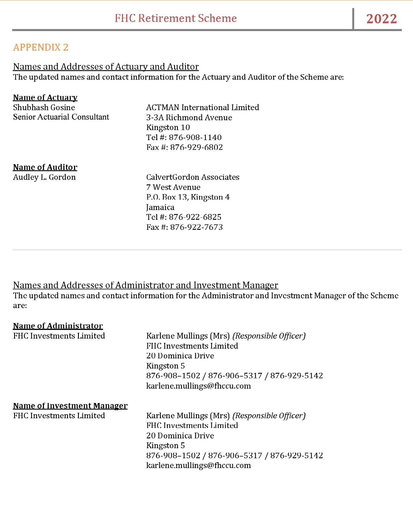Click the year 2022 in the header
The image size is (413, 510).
382,19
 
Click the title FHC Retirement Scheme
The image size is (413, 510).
176,18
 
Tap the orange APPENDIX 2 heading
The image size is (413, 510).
41,47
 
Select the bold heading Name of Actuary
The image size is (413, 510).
45,98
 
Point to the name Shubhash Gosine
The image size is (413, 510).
44,108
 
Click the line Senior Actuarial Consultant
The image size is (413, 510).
61,117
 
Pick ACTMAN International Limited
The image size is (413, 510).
203,108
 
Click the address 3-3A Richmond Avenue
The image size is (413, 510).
189,117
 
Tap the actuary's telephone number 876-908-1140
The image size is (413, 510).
195,137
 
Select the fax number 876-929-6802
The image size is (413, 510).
196,147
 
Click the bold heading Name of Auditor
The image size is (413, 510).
45,167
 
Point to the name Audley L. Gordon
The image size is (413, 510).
44,177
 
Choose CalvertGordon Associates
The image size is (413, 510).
193,177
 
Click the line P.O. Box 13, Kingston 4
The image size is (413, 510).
188,197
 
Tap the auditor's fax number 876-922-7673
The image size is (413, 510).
196,227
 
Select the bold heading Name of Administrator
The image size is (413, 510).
58,326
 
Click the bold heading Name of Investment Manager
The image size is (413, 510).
70,406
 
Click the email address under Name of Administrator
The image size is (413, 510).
199,386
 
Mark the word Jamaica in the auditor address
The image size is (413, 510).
160,207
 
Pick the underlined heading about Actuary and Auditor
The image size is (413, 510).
106,66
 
